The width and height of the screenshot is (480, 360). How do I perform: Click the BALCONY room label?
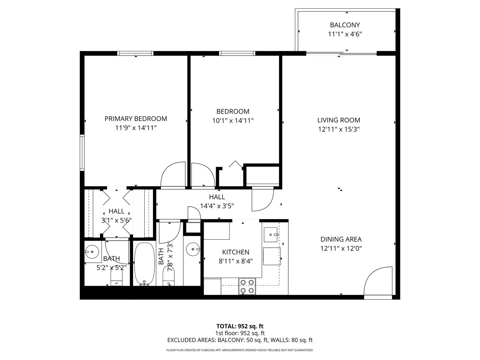[345, 25]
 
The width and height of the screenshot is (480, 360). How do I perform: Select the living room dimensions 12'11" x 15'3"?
[339, 129]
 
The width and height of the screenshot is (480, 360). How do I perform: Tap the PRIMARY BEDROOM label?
[136, 119]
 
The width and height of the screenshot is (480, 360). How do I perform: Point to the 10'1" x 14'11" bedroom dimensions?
[233, 121]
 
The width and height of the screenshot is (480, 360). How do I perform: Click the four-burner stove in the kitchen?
[247, 286]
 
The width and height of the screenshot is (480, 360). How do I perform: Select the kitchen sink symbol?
[271, 234]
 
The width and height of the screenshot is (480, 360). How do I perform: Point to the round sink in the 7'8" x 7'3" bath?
[192, 249]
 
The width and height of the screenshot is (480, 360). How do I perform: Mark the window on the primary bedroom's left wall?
[82, 153]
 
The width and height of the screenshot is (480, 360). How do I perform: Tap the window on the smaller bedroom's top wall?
[237, 53]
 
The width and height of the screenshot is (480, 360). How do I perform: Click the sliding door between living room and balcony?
[341, 53]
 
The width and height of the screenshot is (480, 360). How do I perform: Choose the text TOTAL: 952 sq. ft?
[240, 326]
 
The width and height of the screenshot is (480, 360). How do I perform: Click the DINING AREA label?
[341, 239]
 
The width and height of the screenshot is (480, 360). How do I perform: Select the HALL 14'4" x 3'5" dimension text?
[217, 206]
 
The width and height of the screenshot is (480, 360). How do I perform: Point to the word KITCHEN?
[236, 252]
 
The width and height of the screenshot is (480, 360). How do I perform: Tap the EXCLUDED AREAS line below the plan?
[240, 340]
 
